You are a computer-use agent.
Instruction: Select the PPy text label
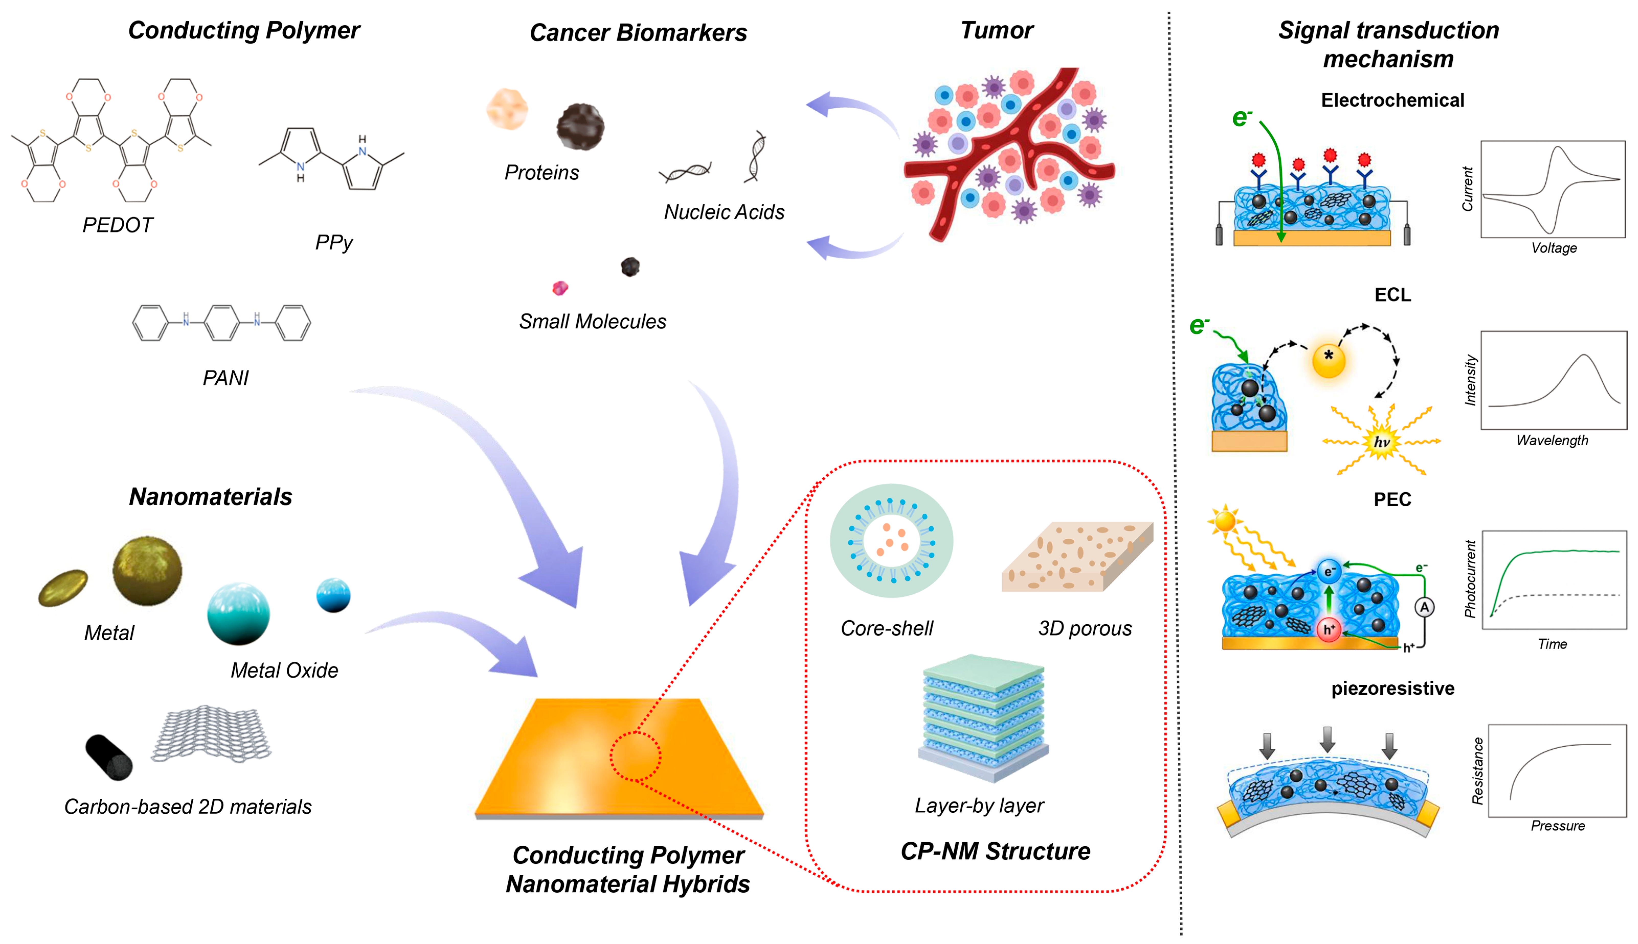point(334,242)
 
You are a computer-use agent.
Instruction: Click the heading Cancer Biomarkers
point(638,32)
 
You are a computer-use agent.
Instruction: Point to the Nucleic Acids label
point(724,212)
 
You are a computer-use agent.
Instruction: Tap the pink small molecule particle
point(560,288)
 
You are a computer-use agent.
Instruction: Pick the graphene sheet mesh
point(211,733)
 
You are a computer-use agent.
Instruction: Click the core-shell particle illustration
point(892,541)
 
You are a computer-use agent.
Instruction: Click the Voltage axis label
point(1554,248)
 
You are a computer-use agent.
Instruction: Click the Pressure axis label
point(1558,825)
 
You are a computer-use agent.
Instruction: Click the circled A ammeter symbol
point(1424,607)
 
